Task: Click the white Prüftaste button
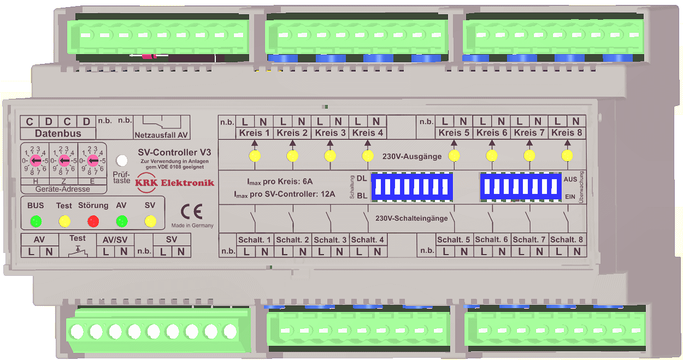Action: click(x=122, y=161)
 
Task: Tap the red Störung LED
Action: click(x=93, y=221)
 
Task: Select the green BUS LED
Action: click(x=36, y=221)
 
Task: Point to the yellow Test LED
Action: click(x=64, y=221)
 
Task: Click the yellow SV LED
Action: click(x=150, y=221)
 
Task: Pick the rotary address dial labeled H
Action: click(x=36, y=161)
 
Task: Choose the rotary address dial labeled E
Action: click(x=92, y=161)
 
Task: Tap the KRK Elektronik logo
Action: click(x=175, y=183)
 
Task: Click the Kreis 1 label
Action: click(x=254, y=133)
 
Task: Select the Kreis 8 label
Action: click(x=567, y=133)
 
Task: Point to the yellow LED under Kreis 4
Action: click(x=368, y=156)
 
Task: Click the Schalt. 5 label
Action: click(x=454, y=240)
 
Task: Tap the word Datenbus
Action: click(x=58, y=133)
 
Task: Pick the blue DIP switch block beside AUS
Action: click(x=521, y=186)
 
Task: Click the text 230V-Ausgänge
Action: click(x=412, y=157)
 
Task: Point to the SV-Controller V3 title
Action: click(x=174, y=152)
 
